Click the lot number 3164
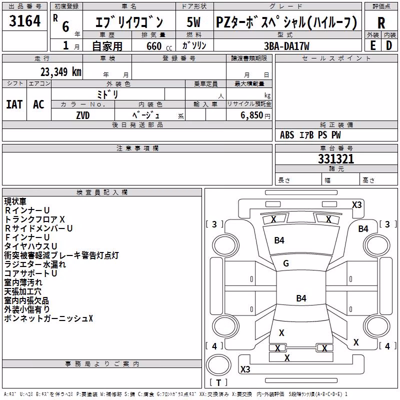24,20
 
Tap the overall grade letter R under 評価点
381,23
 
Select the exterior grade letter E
372,45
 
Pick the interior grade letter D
389,45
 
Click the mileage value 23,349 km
61,72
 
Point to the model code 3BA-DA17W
286,46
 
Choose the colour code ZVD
83,115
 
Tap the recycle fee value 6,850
251,115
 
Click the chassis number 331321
336,159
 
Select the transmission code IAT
14,104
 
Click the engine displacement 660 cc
159,46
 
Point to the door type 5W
193,22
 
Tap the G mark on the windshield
286,263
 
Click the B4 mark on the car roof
301,298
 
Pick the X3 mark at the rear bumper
245,369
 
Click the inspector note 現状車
15,201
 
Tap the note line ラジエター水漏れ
35,264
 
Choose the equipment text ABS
287,135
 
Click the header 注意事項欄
137,148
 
